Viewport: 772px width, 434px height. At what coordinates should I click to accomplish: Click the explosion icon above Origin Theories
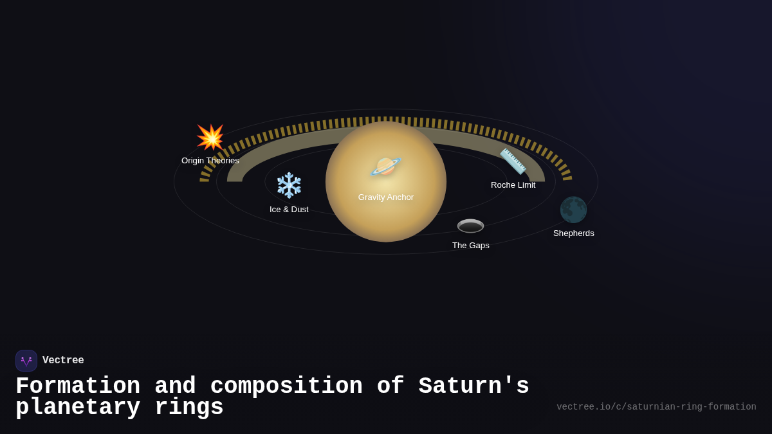point(210,137)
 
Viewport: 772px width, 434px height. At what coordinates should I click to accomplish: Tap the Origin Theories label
point(210,161)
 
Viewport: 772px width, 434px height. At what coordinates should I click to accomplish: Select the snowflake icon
point(289,185)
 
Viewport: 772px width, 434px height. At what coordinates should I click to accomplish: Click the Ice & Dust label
point(289,210)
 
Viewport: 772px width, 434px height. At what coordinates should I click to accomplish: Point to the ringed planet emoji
point(385,167)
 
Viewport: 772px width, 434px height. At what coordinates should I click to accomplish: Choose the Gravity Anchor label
point(386,197)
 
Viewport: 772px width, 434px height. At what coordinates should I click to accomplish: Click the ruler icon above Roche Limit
point(513,161)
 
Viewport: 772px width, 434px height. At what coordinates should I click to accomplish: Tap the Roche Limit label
point(513,185)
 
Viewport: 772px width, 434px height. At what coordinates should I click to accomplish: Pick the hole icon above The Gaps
point(470,226)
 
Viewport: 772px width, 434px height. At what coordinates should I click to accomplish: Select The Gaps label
point(470,246)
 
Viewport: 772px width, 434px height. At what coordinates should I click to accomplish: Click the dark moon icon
point(573,210)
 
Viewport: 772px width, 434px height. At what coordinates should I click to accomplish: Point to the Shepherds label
point(573,233)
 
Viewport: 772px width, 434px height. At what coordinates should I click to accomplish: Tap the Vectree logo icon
point(26,361)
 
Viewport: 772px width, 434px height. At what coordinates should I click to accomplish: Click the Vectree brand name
point(63,361)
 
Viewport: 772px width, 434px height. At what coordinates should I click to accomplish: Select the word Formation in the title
point(78,386)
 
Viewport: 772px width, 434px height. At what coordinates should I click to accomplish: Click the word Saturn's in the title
point(473,386)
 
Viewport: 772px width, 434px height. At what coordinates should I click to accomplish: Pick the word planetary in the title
point(78,408)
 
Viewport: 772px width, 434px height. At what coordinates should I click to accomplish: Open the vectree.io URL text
point(656,407)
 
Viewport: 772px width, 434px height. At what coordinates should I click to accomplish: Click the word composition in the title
point(286,386)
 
